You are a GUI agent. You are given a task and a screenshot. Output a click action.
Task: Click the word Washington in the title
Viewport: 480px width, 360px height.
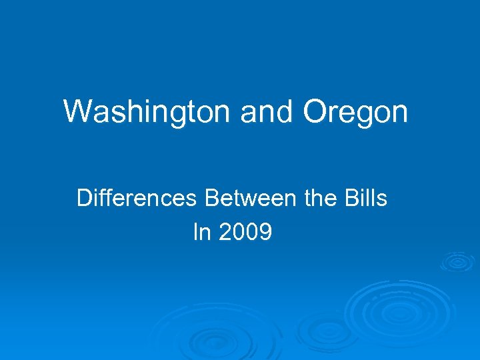tap(147, 111)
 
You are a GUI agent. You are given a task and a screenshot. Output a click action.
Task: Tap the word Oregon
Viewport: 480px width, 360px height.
tap(355, 111)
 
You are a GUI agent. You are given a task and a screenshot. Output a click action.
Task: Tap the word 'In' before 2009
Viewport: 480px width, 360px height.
tap(201, 232)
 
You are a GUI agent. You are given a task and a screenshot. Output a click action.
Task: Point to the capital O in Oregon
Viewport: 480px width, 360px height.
tap(316, 111)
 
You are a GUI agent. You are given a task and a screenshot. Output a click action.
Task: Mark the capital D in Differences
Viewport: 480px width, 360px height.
tap(85, 199)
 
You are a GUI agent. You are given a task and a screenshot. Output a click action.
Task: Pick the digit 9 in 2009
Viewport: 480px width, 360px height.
tap(265, 232)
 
